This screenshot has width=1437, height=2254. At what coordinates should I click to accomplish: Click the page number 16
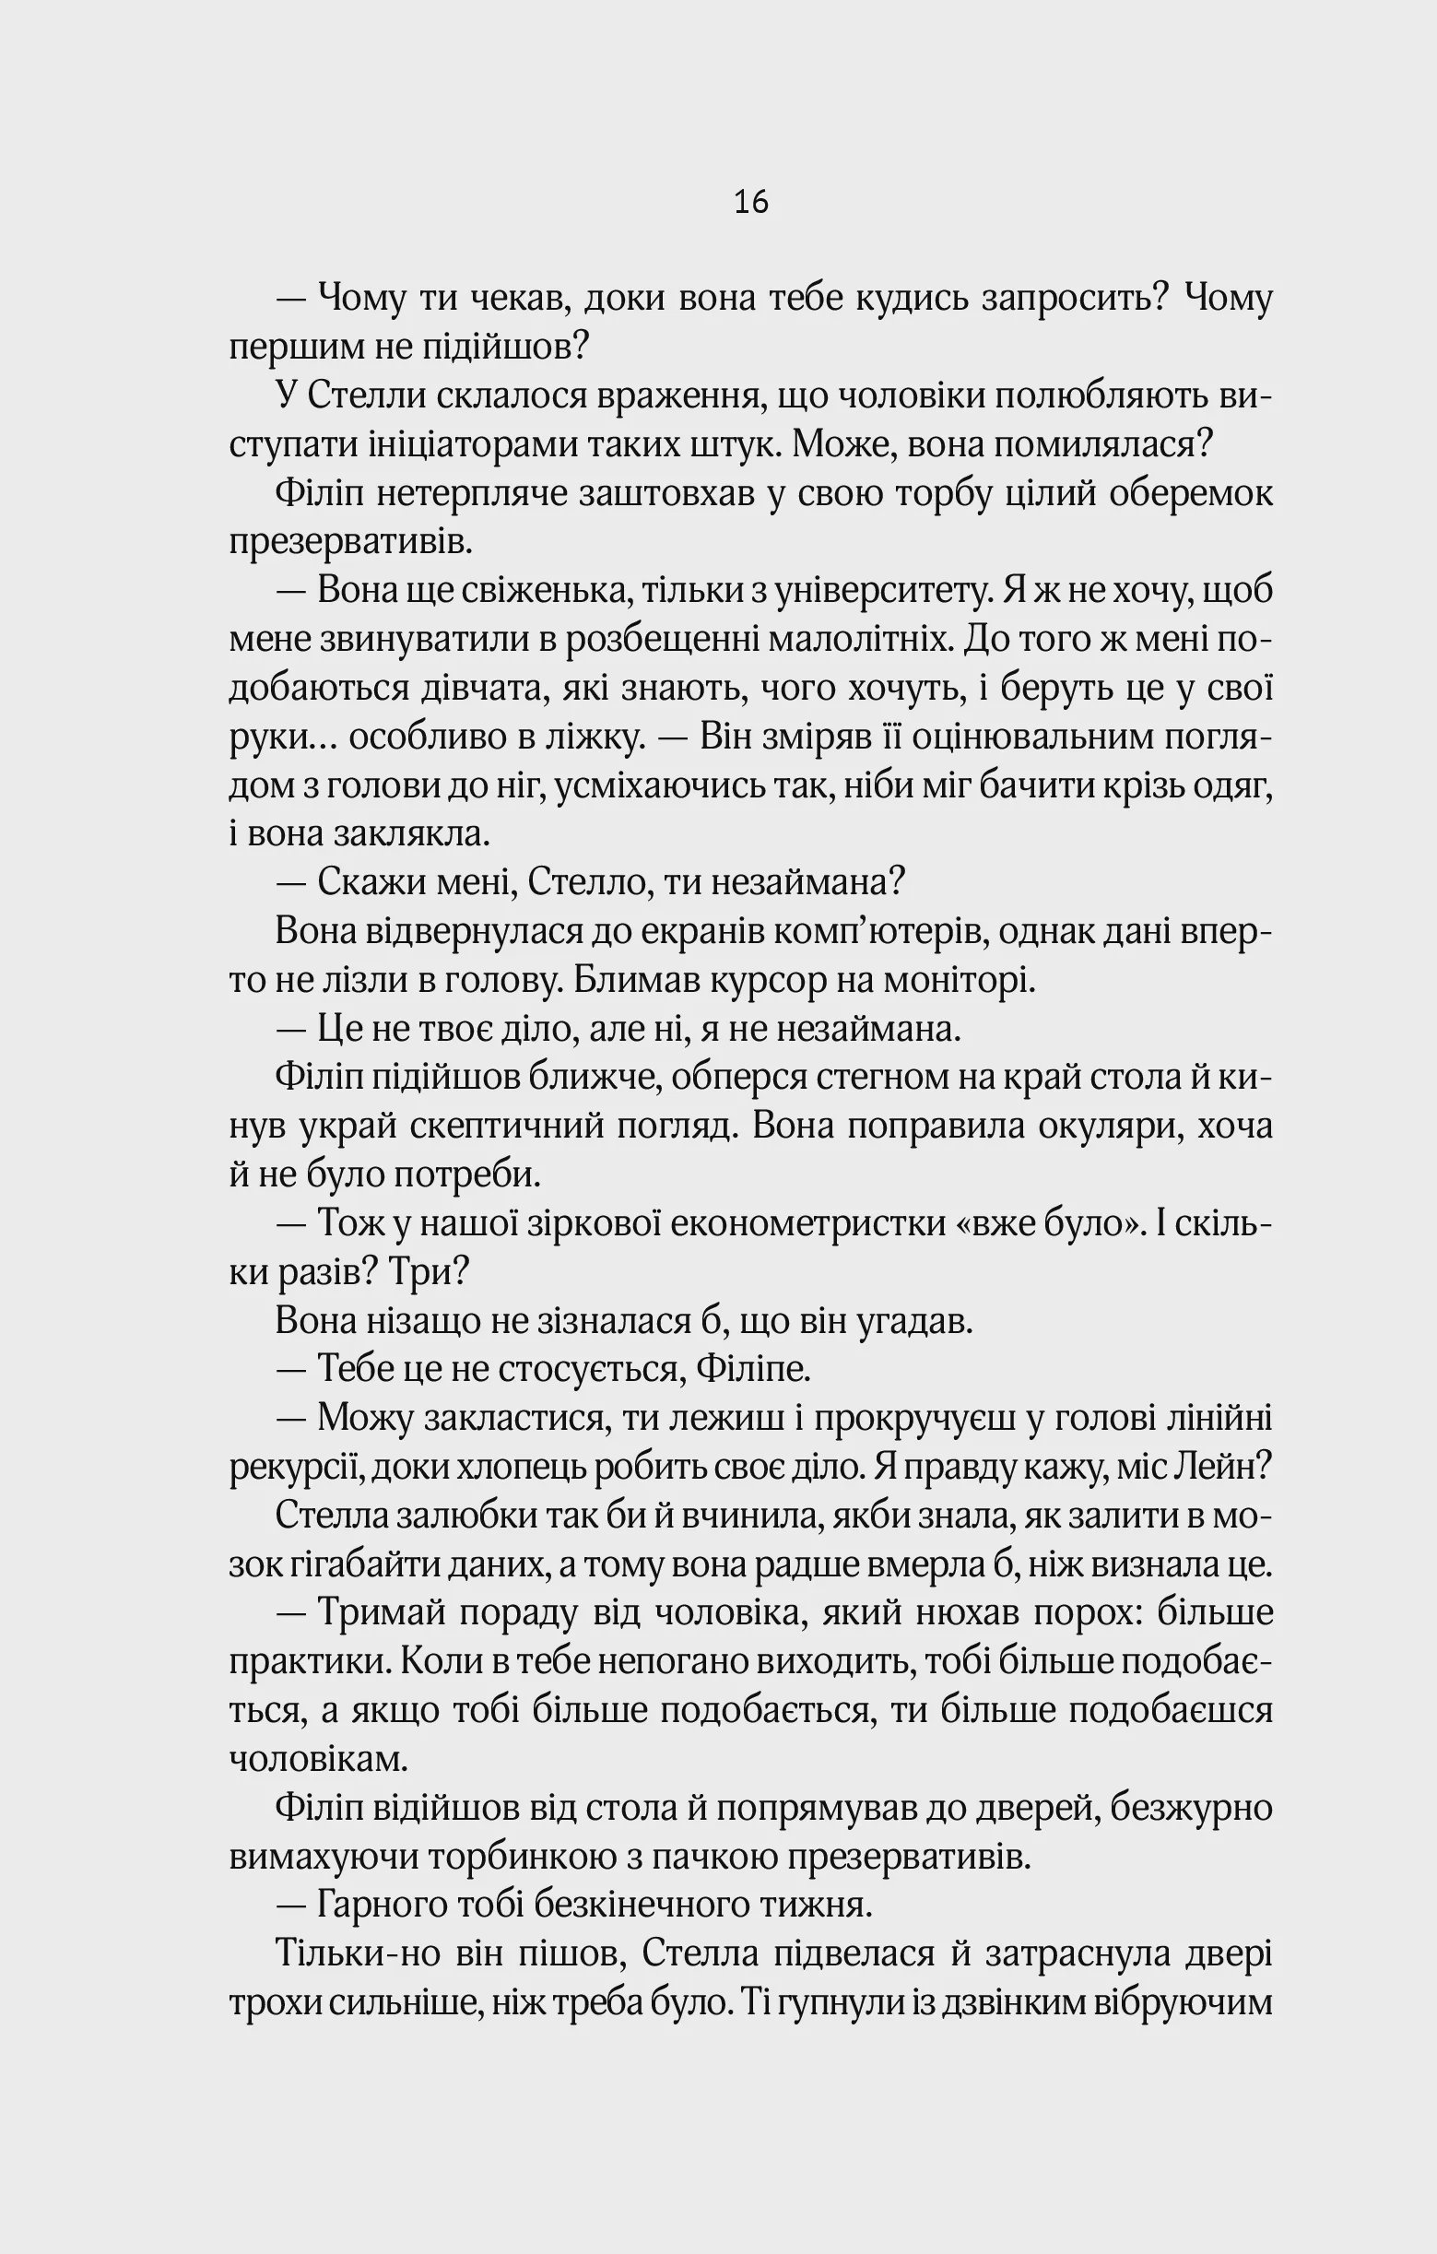click(751, 202)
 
